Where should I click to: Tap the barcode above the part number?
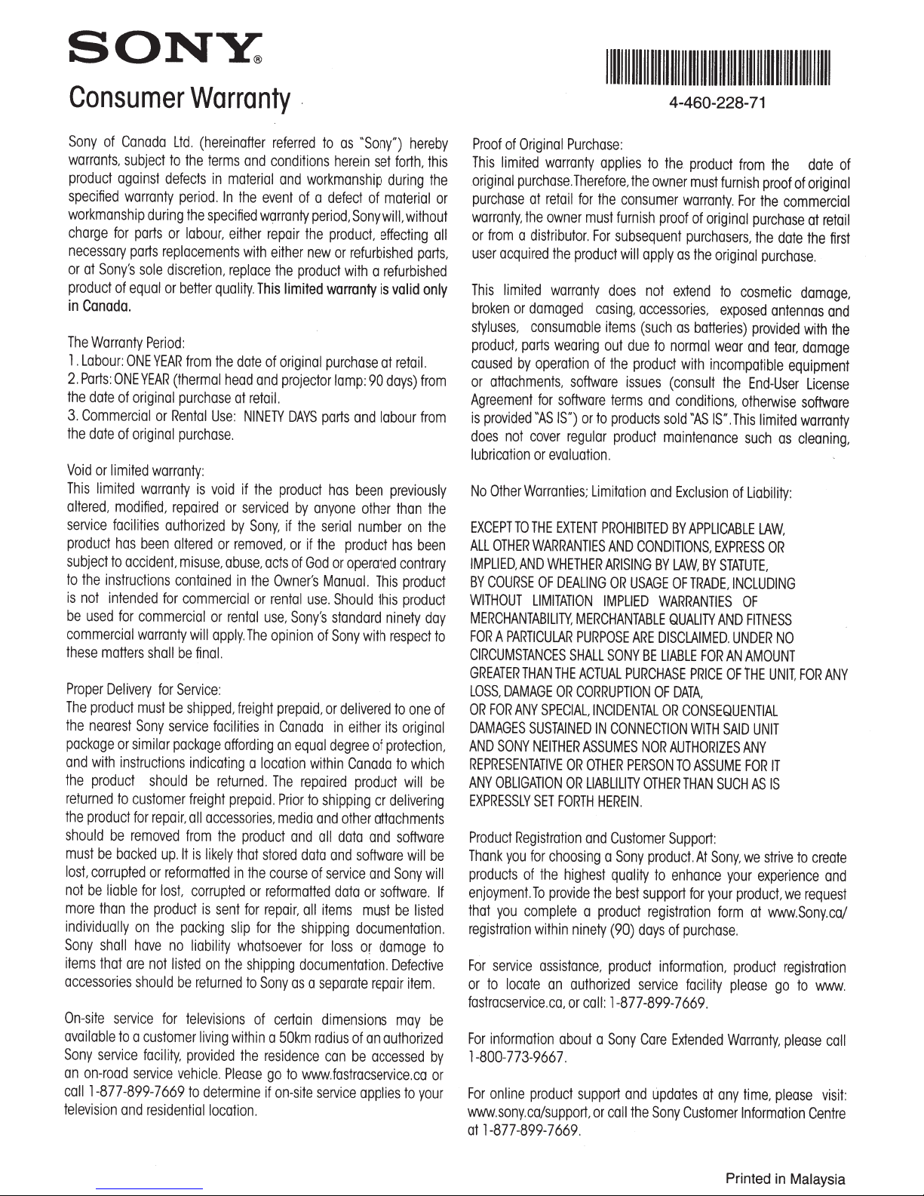(x=715, y=66)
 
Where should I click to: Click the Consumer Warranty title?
(x=180, y=99)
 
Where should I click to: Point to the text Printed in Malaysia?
(x=785, y=1179)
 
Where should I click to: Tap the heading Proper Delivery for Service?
(x=144, y=688)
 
